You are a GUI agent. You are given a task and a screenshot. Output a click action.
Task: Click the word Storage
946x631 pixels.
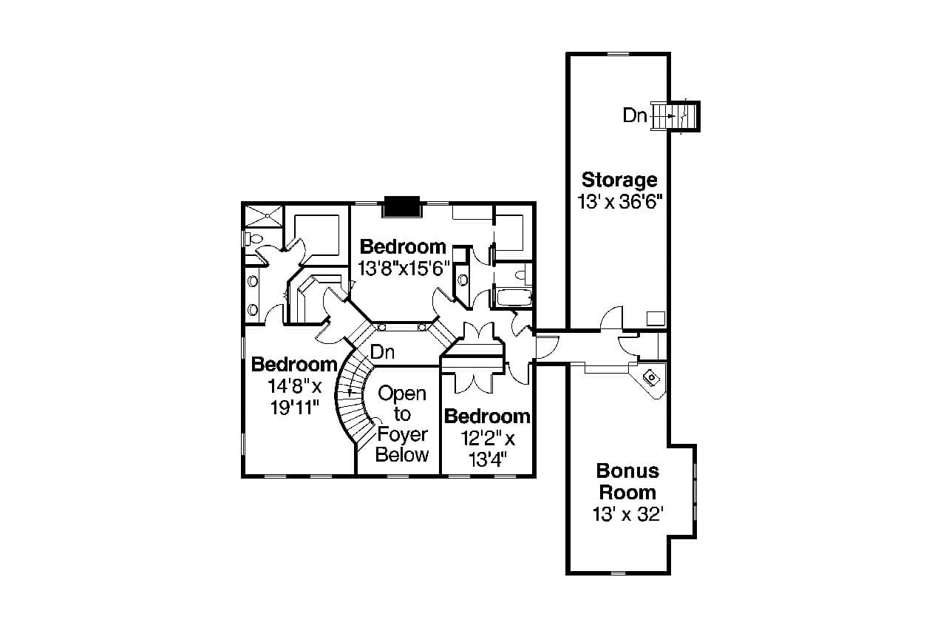(x=619, y=180)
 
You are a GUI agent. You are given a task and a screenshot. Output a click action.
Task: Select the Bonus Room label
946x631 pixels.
(x=627, y=482)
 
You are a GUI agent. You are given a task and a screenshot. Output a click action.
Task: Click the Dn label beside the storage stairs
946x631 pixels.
(x=635, y=115)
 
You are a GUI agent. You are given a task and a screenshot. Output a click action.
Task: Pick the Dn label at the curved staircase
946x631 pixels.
(x=382, y=351)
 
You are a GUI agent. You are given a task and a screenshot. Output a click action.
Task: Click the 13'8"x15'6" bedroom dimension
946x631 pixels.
(x=404, y=267)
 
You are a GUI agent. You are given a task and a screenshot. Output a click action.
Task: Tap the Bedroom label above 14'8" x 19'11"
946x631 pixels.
(x=294, y=365)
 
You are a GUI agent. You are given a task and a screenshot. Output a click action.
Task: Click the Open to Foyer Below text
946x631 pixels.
(x=402, y=424)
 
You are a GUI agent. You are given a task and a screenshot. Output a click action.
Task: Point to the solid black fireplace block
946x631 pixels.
(x=401, y=207)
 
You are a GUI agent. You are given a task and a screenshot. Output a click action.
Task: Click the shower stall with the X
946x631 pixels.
(x=263, y=216)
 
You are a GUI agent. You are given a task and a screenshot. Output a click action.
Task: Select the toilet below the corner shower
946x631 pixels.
(x=251, y=240)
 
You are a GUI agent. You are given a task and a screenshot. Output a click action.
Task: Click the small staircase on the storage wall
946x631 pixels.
(x=674, y=116)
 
